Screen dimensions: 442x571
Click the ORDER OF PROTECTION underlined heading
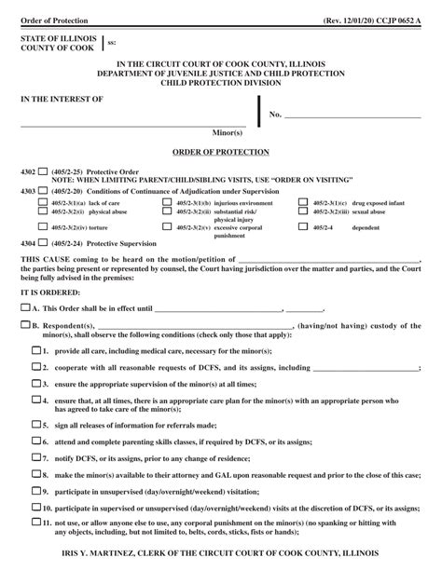pyautogui.click(x=221, y=151)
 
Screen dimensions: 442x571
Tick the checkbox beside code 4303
pyautogui.click(x=42, y=190)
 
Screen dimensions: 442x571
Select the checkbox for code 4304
pyautogui.click(x=42, y=242)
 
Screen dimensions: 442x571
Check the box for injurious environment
pyautogui.click(x=169, y=202)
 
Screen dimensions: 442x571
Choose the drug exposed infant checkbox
pyautogui.click(x=304, y=202)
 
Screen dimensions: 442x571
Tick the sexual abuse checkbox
pyautogui.click(x=304, y=211)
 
